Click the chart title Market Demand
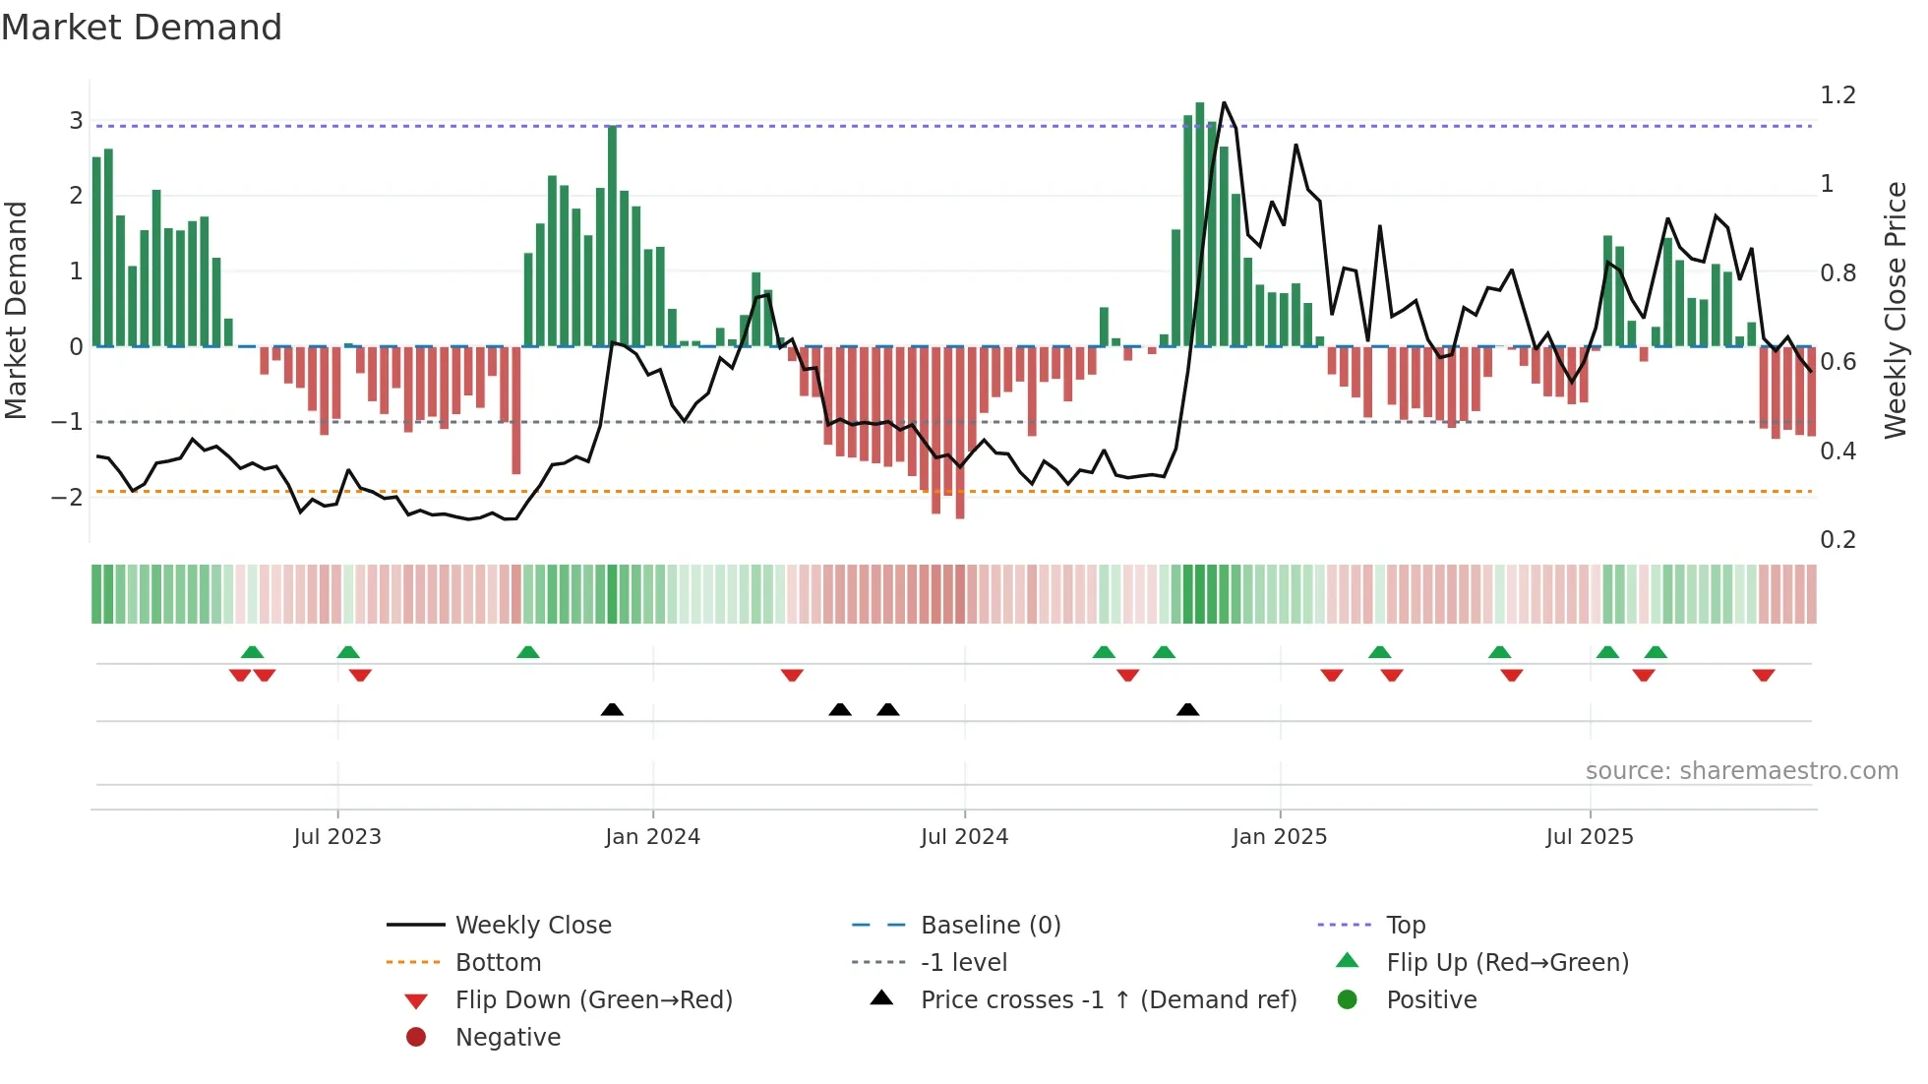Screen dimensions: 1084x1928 (142, 28)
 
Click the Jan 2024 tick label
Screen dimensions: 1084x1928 (652, 837)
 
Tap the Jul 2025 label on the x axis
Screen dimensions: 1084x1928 (1589, 837)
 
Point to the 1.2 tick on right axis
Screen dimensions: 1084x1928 (1838, 95)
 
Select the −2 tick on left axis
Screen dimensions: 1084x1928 (68, 498)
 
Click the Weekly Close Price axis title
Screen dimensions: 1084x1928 (1896, 310)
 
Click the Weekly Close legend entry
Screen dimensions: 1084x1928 (532, 926)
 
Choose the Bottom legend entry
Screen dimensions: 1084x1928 (498, 963)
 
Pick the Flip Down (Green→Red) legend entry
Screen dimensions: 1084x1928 (593, 1000)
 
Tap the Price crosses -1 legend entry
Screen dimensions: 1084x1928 (1108, 1000)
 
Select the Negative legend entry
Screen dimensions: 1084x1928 (508, 1038)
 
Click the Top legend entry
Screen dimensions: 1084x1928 (1406, 926)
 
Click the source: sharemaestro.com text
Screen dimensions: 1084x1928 (1741, 771)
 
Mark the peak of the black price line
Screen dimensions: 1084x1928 (1224, 102)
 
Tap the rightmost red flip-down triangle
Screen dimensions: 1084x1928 (1763, 676)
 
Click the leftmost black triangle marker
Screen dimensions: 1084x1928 (612, 709)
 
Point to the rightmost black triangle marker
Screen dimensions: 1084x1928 (1187, 709)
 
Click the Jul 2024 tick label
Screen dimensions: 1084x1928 (964, 837)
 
